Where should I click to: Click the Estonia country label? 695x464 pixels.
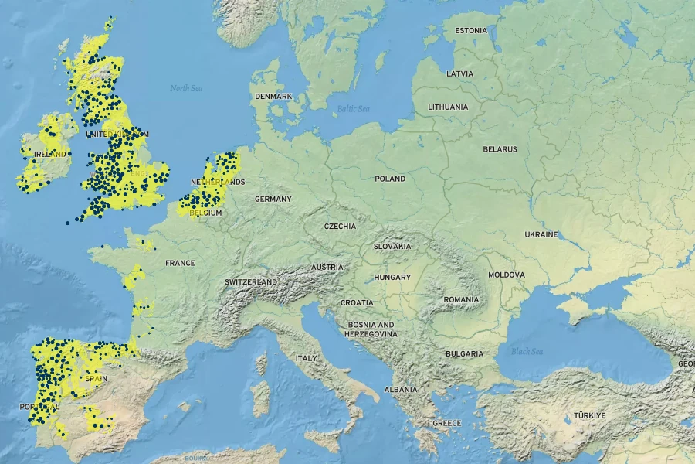pos(471,31)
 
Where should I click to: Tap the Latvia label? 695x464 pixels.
pos(459,73)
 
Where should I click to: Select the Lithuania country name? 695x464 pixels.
pos(448,107)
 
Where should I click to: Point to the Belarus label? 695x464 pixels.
pos(500,148)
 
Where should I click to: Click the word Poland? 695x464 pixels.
pos(390,179)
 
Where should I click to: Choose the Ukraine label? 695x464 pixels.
pos(541,234)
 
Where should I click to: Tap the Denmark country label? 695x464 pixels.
pos(273,97)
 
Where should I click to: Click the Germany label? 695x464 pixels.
pos(273,199)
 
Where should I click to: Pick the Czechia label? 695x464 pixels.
pos(341,227)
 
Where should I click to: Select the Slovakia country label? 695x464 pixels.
pos(392,246)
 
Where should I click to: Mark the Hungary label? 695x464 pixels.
pos(392,277)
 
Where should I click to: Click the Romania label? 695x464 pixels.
pos(462,299)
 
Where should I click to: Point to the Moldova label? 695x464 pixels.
pos(507,275)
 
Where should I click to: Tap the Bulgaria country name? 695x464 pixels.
pos(464,353)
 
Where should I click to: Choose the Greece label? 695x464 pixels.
pos(446,423)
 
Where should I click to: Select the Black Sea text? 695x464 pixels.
pos(527,352)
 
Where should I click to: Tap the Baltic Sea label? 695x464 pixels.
pos(353,109)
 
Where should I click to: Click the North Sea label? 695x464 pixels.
pos(186,88)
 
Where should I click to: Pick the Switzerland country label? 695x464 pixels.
pos(251,282)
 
